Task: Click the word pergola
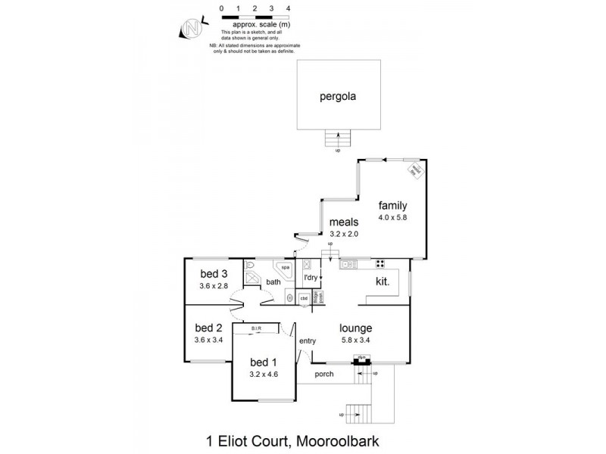pyautogui.click(x=338, y=97)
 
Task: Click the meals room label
pyautogui.click(x=343, y=223)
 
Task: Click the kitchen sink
pyautogui.click(x=350, y=265)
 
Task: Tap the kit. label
pyautogui.click(x=383, y=281)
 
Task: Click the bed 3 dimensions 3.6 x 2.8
pyautogui.click(x=214, y=286)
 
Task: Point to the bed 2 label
pyautogui.click(x=208, y=328)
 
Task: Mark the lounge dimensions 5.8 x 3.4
pyautogui.click(x=355, y=341)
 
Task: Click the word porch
pyautogui.click(x=323, y=374)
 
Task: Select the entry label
pyautogui.click(x=308, y=342)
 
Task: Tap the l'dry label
pyautogui.click(x=310, y=278)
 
